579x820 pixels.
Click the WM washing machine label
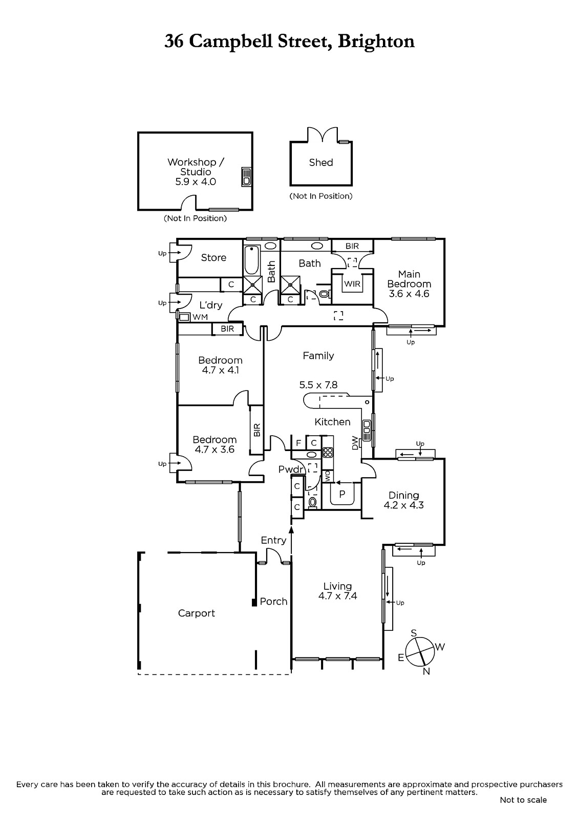[200, 317]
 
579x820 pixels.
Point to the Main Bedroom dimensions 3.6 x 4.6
[409, 294]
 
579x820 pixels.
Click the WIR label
[352, 284]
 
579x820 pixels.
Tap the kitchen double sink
[367, 430]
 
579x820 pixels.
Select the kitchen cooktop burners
[328, 453]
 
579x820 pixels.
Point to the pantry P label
[342, 494]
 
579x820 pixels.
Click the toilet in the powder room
[313, 502]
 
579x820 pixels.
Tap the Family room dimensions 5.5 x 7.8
[318, 385]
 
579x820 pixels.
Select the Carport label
[197, 613]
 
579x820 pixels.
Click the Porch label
[273, 602]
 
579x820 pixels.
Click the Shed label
[321, 162]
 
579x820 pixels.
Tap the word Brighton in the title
[376, 42]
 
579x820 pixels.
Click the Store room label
[213, 258]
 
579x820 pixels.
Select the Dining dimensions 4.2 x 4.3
[403, 505]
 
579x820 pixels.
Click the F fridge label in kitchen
[298, 443]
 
